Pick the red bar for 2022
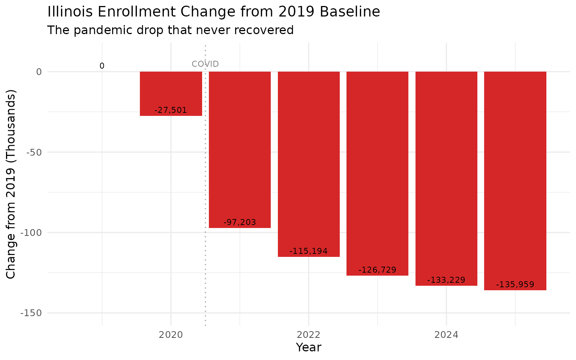pos(309,161)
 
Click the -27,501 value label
pos(171,110)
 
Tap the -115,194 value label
pos(309,251)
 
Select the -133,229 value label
pos(446,280)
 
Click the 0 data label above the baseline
pos(102,66)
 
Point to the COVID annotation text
pos(205,64)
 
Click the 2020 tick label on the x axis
pos(171,335)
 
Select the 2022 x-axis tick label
pos(309,335)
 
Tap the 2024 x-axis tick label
pos(446,335)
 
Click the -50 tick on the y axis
pos(34,152)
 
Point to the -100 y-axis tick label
pos(31,232)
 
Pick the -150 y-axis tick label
pos(31,313)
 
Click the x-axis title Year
pos(308,347)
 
